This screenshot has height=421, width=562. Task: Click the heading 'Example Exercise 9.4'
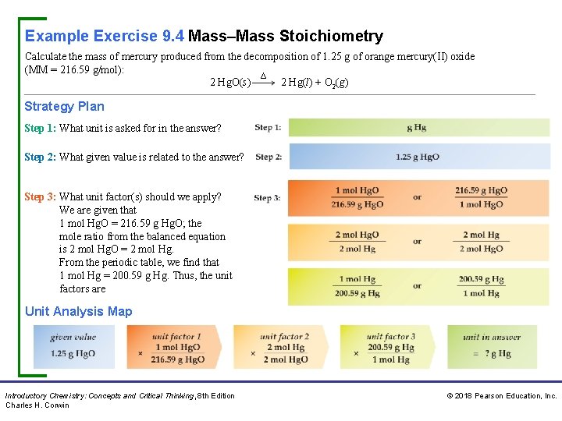tap(104, 36)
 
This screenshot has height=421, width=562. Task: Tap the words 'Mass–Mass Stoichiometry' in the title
tap(286, 36)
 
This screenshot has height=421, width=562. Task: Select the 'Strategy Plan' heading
tap(64, 106)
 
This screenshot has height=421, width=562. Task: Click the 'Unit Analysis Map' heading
tap(78, 311)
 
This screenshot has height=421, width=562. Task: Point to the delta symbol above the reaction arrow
tap(263, 76)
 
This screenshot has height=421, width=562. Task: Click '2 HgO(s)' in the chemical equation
tap(230, 83)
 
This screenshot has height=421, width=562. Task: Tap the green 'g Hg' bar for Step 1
tap(417, 128)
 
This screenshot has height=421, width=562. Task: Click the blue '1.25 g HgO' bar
tap(417, 157)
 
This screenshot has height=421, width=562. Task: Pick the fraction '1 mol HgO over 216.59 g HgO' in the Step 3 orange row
tap(357, 198)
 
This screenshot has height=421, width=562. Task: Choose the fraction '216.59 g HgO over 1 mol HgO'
tap(481, 198)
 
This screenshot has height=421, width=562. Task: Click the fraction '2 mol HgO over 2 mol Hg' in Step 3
tap(357, 242)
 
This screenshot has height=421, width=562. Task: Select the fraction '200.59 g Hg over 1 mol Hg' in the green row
tap(481, 286)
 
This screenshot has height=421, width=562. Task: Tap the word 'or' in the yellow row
tap(418, 242)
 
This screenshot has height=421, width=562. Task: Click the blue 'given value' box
tap(73, 347)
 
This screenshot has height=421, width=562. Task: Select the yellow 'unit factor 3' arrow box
tap(388, 347)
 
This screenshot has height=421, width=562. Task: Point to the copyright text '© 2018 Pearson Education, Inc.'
tap(501, 396)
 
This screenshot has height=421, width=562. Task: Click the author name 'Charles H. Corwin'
tap(37, 405)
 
